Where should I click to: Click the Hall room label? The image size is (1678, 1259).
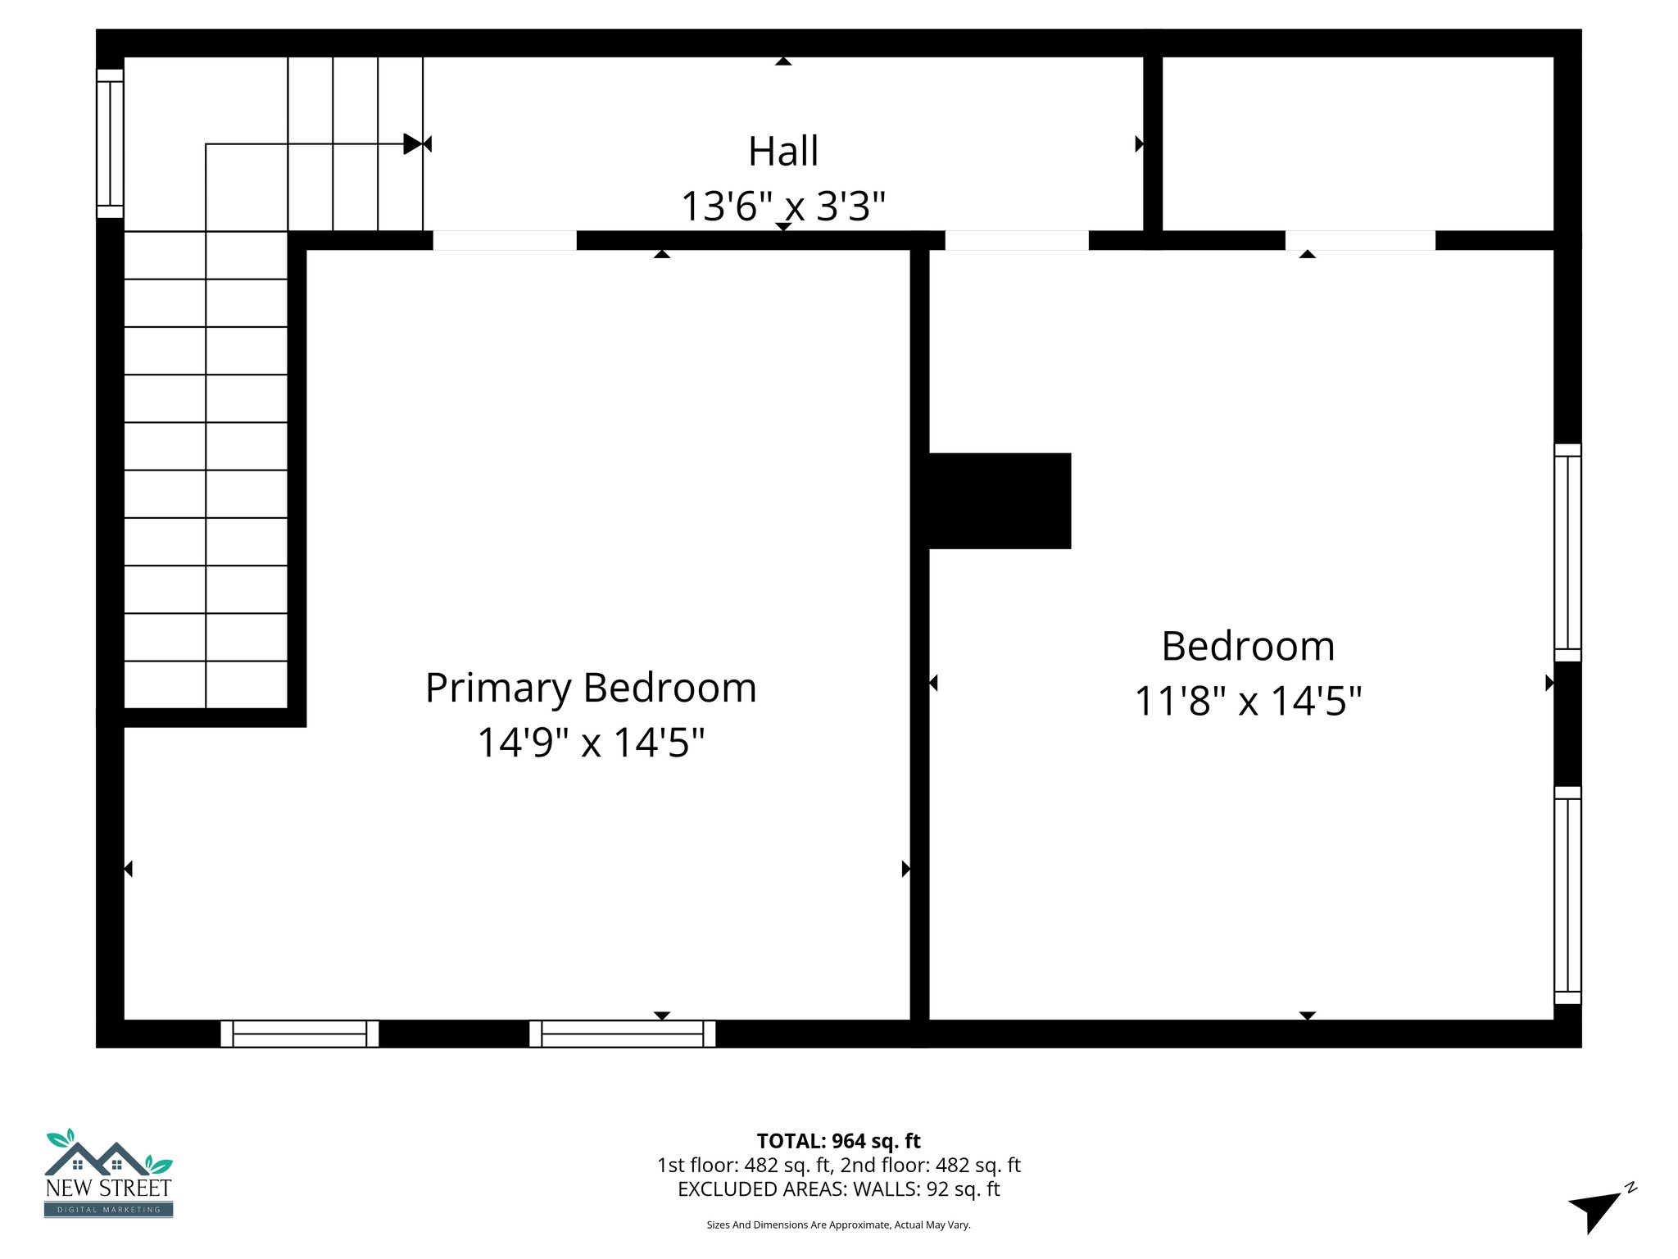tap(782, 152)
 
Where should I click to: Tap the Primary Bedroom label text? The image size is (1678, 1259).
tap(591, 688)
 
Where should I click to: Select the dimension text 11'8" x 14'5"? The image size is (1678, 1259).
tap(1247, 702)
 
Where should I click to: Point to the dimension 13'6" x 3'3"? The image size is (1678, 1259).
tap(782, 206)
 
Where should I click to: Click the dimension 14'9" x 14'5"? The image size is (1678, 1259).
tap(591, 743)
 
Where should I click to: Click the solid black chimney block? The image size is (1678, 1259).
tap(999, 501)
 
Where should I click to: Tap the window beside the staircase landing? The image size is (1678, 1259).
tap(110, 143)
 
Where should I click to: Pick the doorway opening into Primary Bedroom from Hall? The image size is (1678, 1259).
tap(505, 240)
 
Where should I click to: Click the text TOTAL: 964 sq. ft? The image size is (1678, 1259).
tap(838, 1141)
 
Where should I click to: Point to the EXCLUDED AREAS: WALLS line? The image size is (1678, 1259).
tap(838, 1189)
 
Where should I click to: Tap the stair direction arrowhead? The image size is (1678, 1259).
tap(413, 144)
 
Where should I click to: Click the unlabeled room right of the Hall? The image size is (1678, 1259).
tap(1358, 143)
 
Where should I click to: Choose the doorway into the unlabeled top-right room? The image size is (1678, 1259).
tap(1360, 240)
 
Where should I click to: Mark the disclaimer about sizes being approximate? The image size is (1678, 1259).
tap(838, 1225)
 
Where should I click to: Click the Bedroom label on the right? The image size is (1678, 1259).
tap(1247, 647)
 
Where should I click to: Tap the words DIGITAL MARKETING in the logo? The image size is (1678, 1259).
tap(109, 1210)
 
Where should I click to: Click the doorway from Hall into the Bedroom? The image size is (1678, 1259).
tap(1017, 240)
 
